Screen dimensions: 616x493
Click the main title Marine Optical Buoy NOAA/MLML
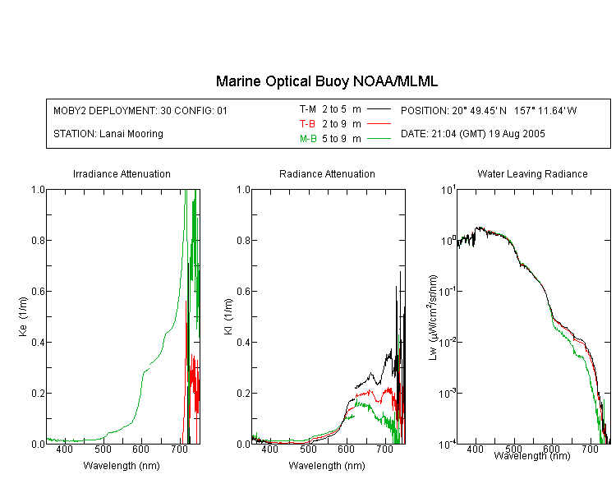pos(327,81)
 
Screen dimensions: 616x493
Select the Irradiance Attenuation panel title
pos(122,173)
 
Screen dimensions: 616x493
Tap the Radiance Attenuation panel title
pos(327,173)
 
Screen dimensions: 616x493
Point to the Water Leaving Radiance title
pos(532,173)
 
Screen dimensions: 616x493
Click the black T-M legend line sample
pos(379,109)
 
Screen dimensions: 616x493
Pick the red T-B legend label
pos(307,124)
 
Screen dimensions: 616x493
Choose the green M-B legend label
pos(308,138)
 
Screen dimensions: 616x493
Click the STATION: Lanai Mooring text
pos(108,134)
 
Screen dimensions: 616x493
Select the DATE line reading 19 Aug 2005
pos(472,134)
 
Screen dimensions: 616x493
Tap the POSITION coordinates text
pos(489,110)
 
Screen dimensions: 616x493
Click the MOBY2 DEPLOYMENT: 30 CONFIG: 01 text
pos(140,110)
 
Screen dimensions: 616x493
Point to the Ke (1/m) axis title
pos(23,316)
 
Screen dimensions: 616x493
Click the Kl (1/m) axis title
pos(228,317)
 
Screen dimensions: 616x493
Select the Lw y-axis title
pos(433,317)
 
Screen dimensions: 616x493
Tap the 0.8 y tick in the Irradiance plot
pos(38,240)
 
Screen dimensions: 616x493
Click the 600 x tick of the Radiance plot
pos(346,449)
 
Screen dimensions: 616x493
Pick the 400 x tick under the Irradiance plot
pos(64,449)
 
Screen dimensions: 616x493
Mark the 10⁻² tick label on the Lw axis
pos(448,342)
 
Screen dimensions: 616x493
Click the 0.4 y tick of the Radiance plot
pos(244,342)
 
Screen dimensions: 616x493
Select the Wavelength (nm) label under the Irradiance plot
pos(122,466)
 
